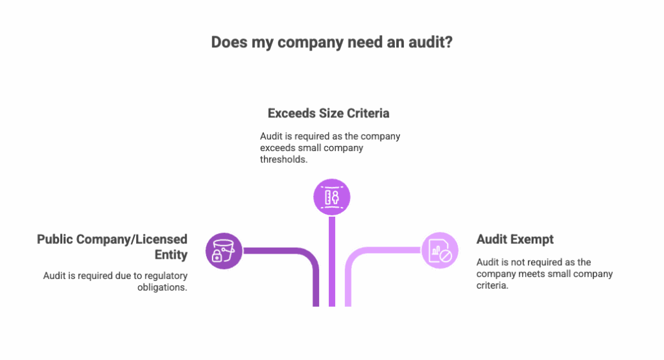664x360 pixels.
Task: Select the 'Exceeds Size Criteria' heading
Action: (329, 114)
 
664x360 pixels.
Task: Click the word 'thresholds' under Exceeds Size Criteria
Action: (283, 160)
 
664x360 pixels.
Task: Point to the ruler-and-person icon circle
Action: (331, 197)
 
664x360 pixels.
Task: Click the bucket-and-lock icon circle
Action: (224, 251)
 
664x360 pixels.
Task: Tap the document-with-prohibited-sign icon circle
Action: (440, 250)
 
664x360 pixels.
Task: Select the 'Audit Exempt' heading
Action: (515, 239)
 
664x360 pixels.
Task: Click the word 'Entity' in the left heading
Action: (171, 254)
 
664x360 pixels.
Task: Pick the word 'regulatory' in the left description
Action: (166, 276)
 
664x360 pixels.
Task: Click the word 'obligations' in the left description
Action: (161, 287)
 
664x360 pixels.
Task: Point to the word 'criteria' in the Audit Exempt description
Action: (492, 285)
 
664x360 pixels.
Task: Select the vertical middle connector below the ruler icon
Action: (332, 261)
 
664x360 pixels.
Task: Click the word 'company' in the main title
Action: (311, 42)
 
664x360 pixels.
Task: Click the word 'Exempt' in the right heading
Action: (533, 239)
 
